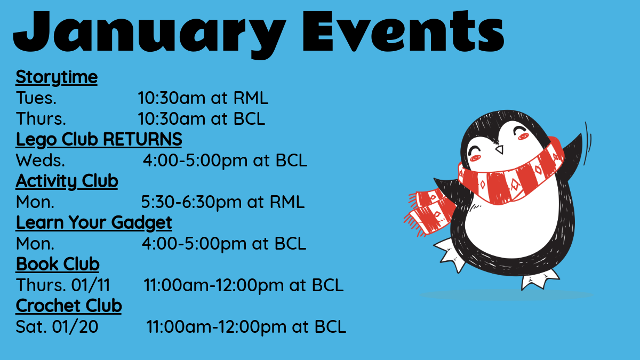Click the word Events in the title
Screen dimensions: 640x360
coord(403,31)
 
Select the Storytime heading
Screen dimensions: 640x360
coord(57,77)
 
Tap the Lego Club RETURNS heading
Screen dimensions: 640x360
coord(99,140)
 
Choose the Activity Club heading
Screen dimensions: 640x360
coord(67,181)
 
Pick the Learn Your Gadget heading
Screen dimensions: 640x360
coord(94,223)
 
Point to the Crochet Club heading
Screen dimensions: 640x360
coord(69,306)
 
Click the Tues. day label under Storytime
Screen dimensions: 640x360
coord(36,98)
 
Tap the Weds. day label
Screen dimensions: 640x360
coord(41,161)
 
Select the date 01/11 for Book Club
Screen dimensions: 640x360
coord(91,285)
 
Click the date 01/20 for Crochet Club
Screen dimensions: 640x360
coord(75,326)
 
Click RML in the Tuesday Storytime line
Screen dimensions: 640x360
coord(251,98)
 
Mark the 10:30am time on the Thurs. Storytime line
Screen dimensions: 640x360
coord(171,119)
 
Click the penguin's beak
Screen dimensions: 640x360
coord(500,149)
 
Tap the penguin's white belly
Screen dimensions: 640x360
coord(511,226)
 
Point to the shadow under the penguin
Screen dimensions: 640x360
coord(506,295)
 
